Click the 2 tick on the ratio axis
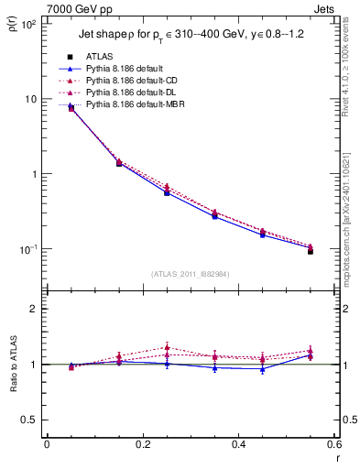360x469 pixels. tap(34, 309)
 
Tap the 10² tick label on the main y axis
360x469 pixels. tap(27, 24)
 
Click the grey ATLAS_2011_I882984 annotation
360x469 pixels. tap(189, 273)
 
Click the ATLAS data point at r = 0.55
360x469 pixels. tap(310, 250)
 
